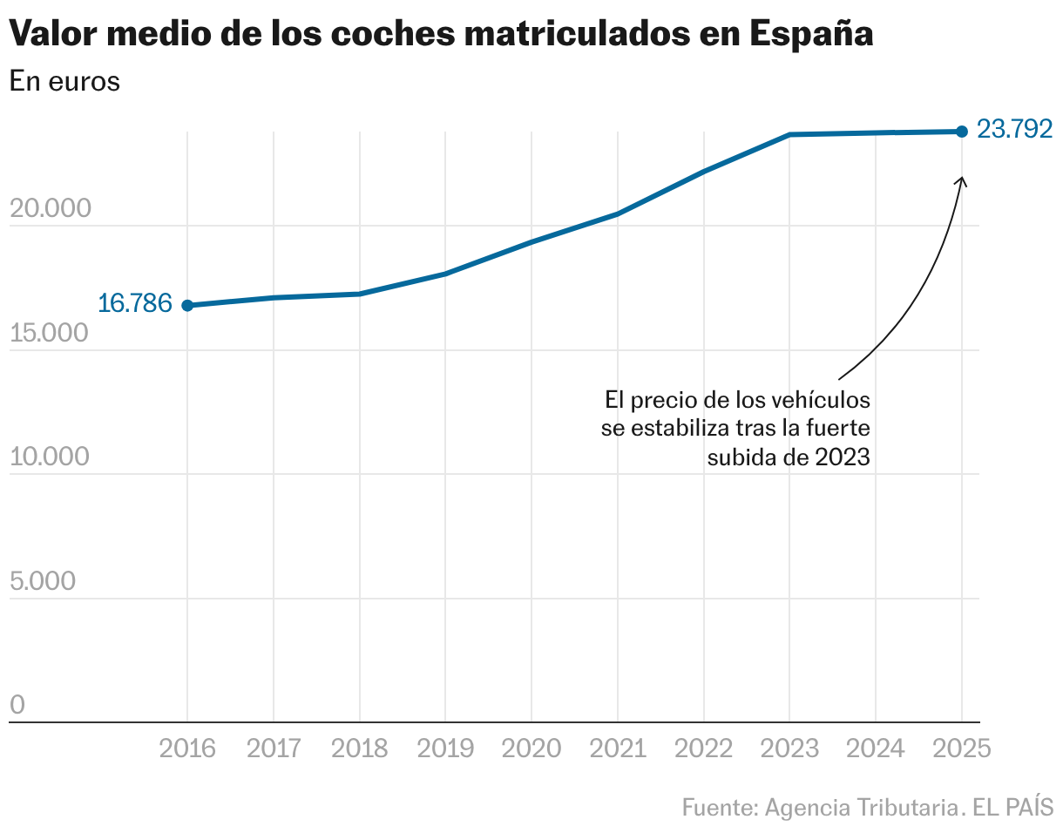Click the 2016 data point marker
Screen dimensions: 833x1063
click(187, 305)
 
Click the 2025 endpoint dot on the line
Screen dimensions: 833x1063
click(962, 132)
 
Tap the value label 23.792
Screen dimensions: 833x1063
click(1014, 130)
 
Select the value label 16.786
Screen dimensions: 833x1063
click(134, 303)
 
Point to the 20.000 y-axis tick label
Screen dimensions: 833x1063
click(50, 209)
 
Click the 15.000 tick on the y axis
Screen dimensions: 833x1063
click(50, 334)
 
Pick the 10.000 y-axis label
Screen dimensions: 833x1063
click(50, 457)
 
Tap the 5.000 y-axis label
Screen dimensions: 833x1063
click(44, 582)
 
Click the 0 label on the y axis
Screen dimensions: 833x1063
click(17, 706)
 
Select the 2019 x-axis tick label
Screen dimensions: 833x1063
click(445, 749)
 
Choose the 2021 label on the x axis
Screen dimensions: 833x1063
click(618, 749)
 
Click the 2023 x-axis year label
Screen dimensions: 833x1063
click(789, 749)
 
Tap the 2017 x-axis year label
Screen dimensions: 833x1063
click(274, 749)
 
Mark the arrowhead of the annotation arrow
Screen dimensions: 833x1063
click(962, 179)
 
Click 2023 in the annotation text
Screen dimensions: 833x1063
click(843, 457)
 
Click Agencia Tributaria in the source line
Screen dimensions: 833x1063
click(858, 807)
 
